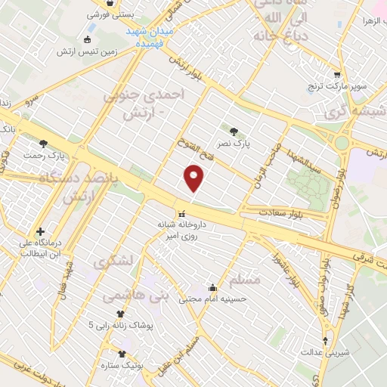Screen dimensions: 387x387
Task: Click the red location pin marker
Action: [x=194, y=178]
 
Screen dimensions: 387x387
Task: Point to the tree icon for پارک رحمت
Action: [x=43, y=143]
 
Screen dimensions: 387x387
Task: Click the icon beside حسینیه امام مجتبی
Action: [x=212, y=287]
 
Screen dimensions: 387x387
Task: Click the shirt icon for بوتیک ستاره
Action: [x=122, y=353]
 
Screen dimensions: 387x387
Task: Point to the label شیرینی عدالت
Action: [x=324, y=352]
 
